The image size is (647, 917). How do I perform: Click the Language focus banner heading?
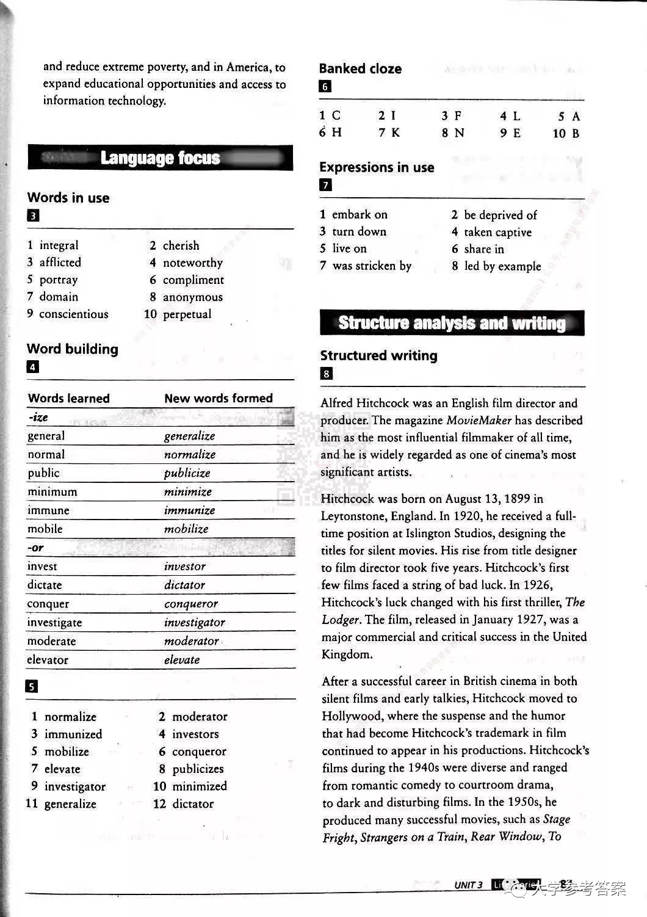click(160, 158)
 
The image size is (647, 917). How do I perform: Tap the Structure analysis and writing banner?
click(452, 323)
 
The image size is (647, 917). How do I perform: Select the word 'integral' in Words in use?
click(59, 245)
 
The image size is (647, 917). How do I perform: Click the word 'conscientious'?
click(73, 314)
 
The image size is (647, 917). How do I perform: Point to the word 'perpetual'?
click(187, 314)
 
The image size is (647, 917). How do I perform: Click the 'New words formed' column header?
click(218, 398)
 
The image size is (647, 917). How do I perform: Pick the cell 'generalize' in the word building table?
click(189, 436)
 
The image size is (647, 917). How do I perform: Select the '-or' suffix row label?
click(35, 548)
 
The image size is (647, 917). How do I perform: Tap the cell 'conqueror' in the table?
click(190, 604)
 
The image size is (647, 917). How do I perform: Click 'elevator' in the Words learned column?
click(48, 660)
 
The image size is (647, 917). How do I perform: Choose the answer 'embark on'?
click(360, 214)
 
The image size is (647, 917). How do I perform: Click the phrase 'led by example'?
click(502, 266)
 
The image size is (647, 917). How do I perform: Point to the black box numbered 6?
click(325, 86)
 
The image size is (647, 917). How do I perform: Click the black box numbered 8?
click(327, 374)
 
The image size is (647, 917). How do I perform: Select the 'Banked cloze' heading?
click(360, 68)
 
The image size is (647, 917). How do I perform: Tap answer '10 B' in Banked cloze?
click(566, 133)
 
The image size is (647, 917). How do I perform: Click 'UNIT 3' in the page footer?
click(468, 885)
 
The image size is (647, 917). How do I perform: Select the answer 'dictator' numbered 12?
click(193, 803)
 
